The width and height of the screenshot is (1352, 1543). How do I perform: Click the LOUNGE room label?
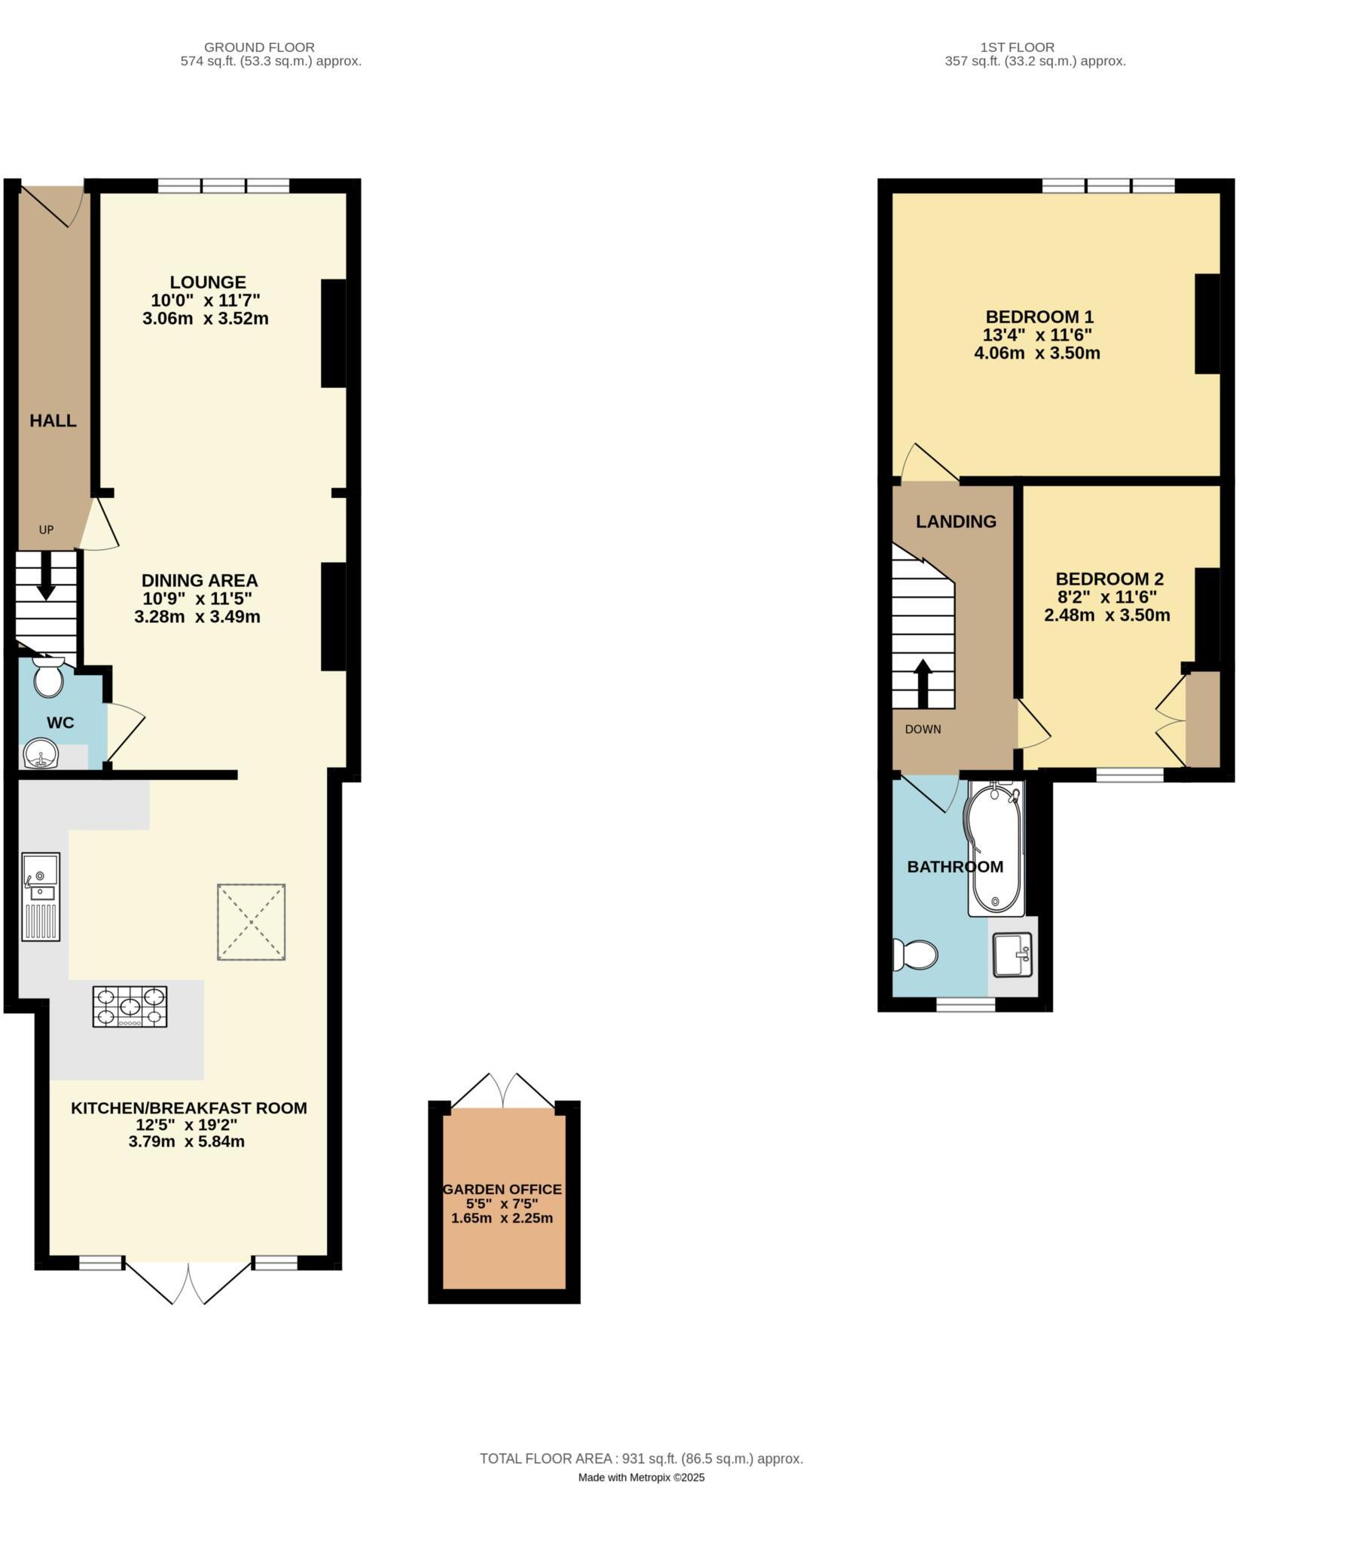click(207, 283)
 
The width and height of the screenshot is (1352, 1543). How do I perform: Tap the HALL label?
click(53, 421)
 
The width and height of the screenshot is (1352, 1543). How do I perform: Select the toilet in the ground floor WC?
click(49, 677)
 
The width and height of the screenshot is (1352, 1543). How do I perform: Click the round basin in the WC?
click(41, 753)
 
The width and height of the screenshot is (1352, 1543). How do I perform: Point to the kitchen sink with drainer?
click(41, 897)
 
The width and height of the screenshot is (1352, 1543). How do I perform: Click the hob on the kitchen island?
click(130, 1007)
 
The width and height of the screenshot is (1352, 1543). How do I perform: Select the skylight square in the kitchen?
click(252, 922)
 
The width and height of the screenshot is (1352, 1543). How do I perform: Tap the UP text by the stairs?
click(46, 530)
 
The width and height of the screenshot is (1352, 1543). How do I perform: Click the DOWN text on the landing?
click(923, 729)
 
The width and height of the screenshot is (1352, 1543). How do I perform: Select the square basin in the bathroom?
click(1012, 955)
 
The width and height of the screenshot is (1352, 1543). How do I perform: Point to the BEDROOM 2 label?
click(1109, 579)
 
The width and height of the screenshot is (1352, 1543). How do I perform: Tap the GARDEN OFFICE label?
click(502, 1189)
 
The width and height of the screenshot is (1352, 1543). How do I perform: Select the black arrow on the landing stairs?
click(923, 683)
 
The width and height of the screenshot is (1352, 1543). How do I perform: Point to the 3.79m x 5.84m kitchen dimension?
click(186, 1141)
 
